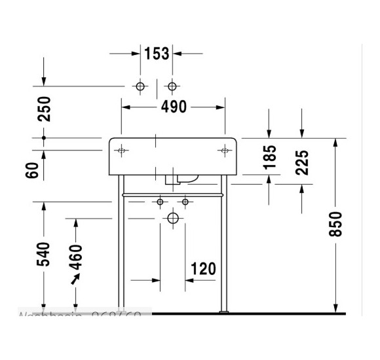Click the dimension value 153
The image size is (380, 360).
(x=157, y=54)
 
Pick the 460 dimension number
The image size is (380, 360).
(x=76, y=257)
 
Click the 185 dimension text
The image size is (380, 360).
(x=269, y=158)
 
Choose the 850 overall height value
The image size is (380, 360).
(x=335, y=225)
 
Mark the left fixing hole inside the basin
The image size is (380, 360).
(x=122, y=151)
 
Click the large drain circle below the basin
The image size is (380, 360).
(x=173, y=217)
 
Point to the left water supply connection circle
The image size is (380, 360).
(x=160, y=202)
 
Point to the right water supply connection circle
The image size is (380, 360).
(x=185, y=202)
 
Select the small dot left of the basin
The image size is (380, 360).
(x=44, y=138)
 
